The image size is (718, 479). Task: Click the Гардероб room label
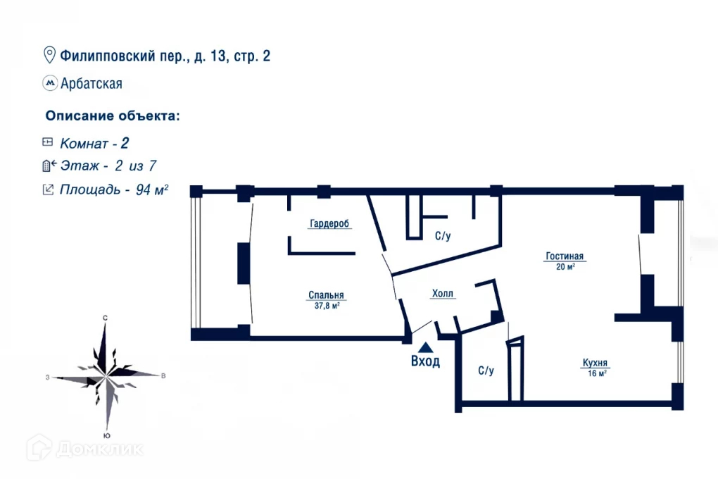(329, 224)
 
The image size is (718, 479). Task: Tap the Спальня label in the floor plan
(326, 295)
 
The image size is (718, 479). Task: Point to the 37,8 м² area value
(327, 306)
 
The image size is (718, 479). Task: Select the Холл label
(443, 294)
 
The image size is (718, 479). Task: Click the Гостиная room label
(565, 256)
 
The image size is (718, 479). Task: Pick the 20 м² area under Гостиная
(565, 267)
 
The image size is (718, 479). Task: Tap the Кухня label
(595, 363)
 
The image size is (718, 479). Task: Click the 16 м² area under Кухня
(597, 373)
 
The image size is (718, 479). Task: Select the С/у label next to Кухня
(486, 371)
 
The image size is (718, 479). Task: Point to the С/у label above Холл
(442, 237)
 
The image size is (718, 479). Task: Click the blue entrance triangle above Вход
(425, 347)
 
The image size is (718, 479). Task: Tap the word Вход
(425, 361)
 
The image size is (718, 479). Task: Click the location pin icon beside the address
(50, 55)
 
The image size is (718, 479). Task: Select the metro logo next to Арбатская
(50, 83)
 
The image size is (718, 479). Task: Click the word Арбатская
(92, 84)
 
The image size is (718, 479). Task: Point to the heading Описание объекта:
(112, 116)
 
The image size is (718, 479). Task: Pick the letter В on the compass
(163, 376)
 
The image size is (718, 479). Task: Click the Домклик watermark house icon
(40, 448)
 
